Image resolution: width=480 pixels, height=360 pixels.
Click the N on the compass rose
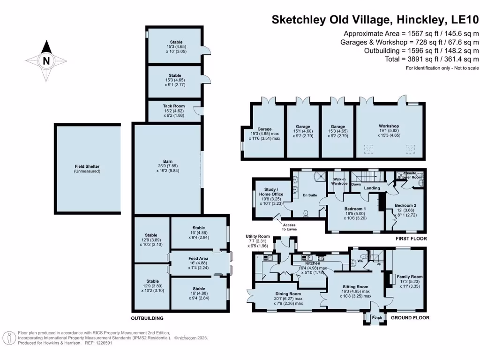(x=46, y=61)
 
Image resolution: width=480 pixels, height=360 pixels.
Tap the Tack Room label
(x=174, y=106)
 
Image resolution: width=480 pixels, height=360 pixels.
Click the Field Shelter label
(x=87, y=166)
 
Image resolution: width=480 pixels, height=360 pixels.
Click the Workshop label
(x=389, y=126)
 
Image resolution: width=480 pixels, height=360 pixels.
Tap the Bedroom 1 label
(x=355, y=209)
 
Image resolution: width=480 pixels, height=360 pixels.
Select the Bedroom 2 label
(x=405, y=205)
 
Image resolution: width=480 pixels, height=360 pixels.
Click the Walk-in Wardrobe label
(x=340, y=181)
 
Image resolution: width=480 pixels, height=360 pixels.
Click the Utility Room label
(x=258, y=236)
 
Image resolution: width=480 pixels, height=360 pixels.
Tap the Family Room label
(x=410, y=277)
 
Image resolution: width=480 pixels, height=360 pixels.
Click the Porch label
(x=375, y=318)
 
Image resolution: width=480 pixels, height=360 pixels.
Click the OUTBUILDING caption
(x=147, y=318)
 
